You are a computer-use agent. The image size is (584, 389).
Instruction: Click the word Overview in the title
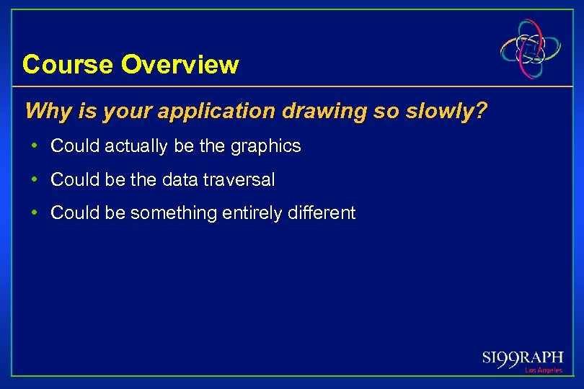click(x=180, y=65)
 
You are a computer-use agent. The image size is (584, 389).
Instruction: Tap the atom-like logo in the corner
click(x=531, y=50)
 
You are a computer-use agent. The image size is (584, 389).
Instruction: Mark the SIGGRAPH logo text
click(x=523, y=358)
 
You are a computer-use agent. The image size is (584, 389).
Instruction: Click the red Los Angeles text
click(x=543, y=370)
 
